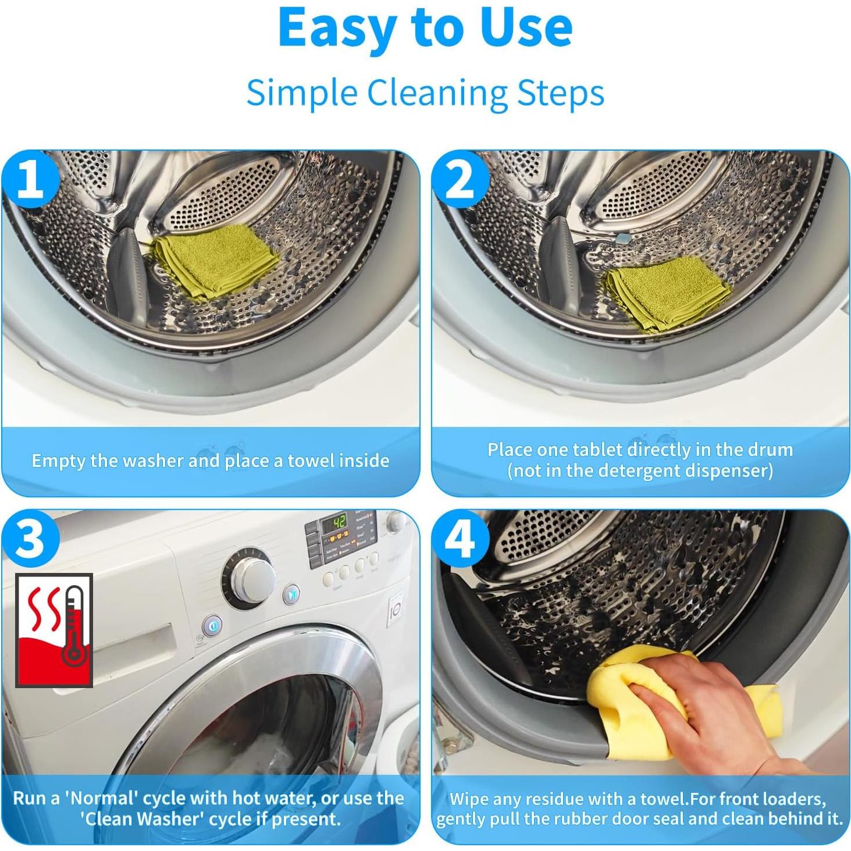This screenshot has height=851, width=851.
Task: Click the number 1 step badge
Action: click(30, 180)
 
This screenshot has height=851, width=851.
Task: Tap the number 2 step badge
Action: click(460, 180)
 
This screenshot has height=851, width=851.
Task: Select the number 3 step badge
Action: click(30, 538)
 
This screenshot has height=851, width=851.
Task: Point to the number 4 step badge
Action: click(460, 538)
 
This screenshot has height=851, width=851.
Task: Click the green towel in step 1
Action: click(216, 261)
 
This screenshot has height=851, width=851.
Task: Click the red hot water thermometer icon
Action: click(54, 630)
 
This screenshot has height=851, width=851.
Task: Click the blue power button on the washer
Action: click(212, 625)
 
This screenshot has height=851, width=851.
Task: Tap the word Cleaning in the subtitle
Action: click(436, 92)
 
